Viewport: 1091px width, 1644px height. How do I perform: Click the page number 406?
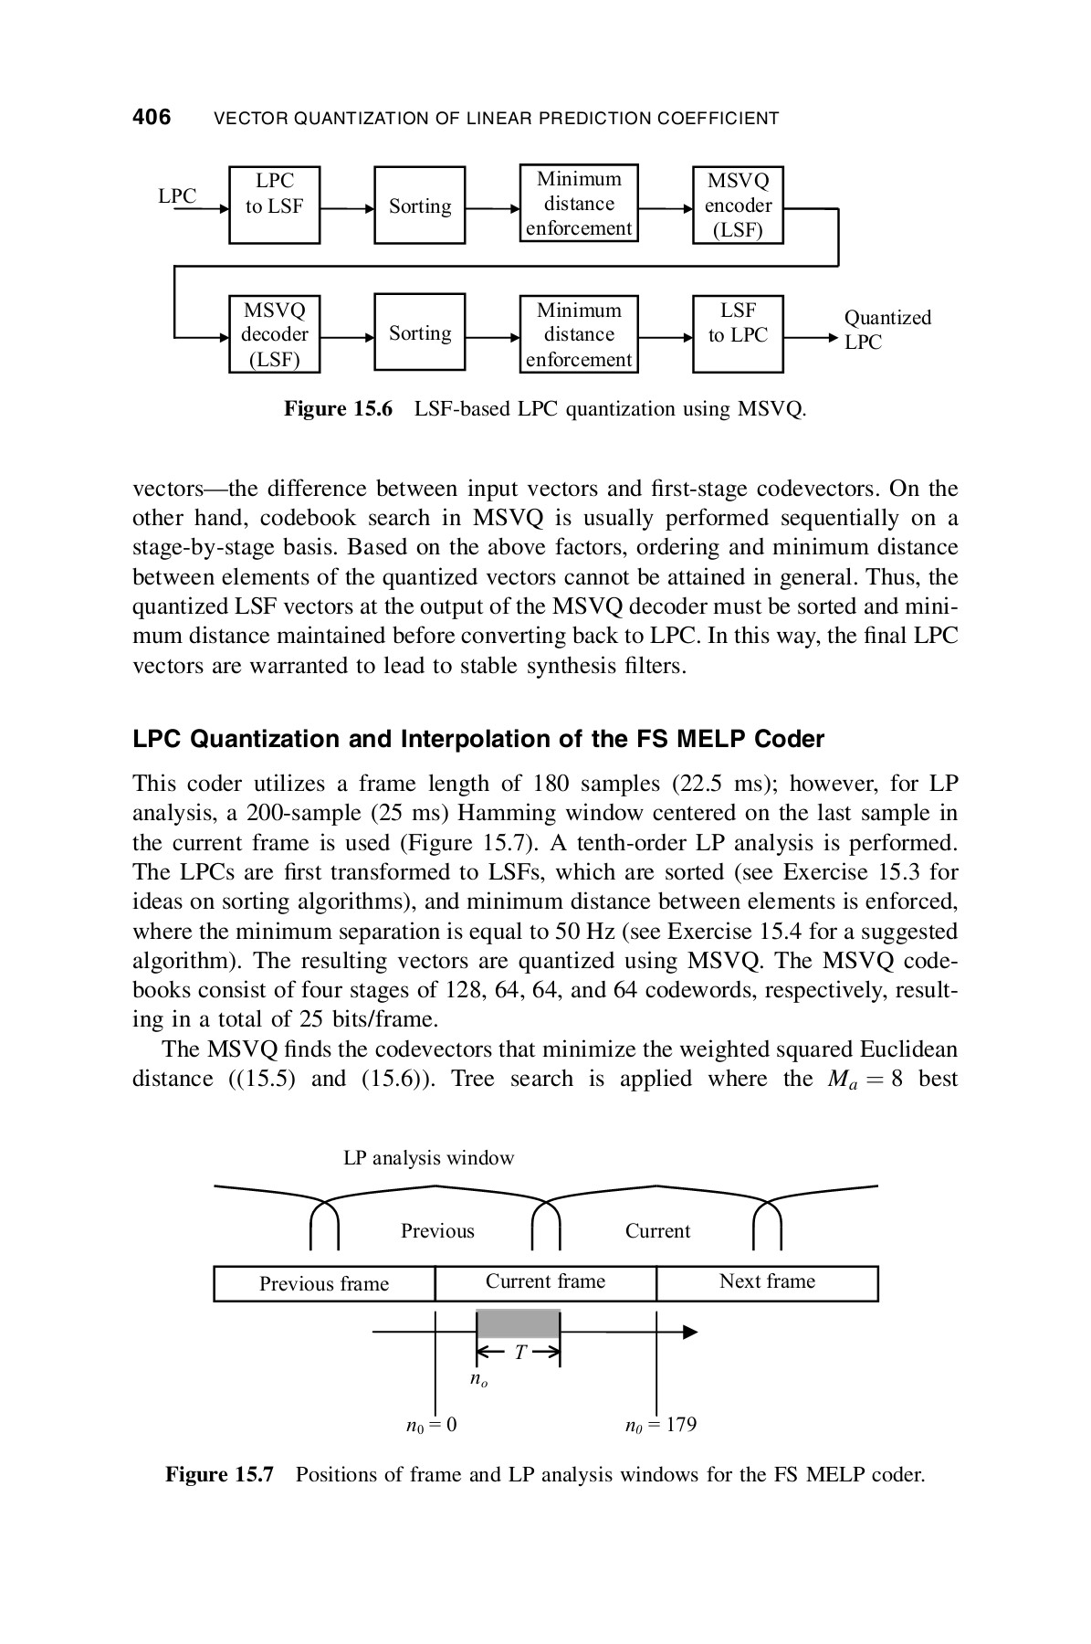coord(152,117)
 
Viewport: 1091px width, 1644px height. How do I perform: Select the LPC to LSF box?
coord(274,205)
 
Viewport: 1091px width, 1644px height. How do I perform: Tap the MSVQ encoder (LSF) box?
coord(738,205)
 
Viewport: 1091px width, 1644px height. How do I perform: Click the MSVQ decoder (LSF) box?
coord(274,333)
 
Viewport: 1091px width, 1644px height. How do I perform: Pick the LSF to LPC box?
coord(738,333)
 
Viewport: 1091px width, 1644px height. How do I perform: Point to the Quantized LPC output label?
coord(886,330)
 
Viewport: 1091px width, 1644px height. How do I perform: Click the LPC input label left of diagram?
coord(177,196)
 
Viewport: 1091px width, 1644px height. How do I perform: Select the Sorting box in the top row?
coord(420,205)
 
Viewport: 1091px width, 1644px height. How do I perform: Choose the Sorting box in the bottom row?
coord(420,333)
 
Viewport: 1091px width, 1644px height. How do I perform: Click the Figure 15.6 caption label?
coord(338,408)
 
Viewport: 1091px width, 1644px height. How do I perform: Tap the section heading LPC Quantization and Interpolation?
coord(478,739)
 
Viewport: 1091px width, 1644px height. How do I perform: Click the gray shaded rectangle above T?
coord(519,1323)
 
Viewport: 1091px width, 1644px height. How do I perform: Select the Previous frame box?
coord(324,1283)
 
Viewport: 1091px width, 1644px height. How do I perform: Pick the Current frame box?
coord(545,1282)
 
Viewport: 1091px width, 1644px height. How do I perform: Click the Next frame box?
coord(767,1282)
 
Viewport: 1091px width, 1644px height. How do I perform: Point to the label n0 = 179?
coord(660,1425)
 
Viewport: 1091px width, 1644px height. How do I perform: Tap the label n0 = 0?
coord(431,1425)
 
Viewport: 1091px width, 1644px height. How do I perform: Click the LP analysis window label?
coord(428,1158)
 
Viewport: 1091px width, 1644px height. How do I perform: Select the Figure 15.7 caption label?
coord(219,1475)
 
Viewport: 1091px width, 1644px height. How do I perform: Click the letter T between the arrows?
coord(519,1353)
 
